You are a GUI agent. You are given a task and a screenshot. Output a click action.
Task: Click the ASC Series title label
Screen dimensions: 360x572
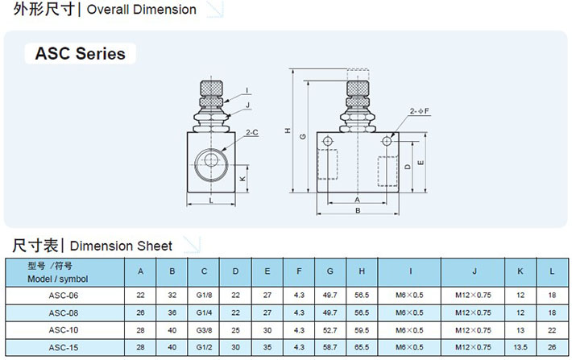click(80, 54)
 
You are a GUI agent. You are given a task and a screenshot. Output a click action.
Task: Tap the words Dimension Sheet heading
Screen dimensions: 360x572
click(122, 246)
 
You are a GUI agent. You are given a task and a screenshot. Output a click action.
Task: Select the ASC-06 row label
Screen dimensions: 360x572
click(63, 295)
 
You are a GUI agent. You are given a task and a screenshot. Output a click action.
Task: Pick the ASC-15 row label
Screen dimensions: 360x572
click(63, 346)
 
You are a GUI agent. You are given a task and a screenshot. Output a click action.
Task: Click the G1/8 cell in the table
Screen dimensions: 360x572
click(204, 295)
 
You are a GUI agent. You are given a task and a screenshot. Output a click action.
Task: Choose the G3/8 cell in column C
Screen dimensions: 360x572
click(204, 329)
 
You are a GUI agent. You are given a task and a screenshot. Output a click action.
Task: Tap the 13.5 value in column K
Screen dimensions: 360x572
click(520, 346)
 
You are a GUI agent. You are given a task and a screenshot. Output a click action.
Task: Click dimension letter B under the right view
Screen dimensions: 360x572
click(357, 210)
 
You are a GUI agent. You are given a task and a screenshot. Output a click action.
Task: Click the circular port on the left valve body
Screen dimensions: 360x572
click(213, 159)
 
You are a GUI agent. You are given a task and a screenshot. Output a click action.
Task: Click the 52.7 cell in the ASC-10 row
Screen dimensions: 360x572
click(330, 329)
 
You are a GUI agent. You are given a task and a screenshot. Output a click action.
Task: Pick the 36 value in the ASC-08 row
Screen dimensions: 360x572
click(172, 312)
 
